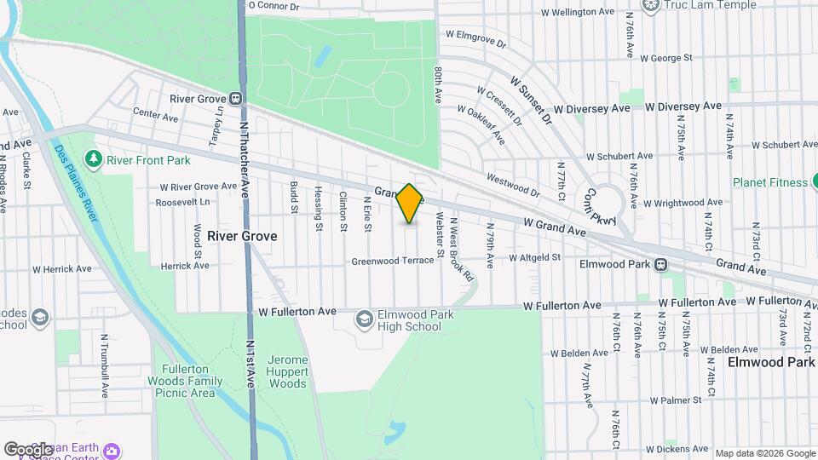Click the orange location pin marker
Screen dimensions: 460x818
pyautogui.click(x=410, y=204)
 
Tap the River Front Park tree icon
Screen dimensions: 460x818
pyautogui.click(x=94, y=159)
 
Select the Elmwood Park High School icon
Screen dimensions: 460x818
pyautogui.click(x=364, y=319)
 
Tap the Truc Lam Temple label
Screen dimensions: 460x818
pyautogui.click(x=699, y=5)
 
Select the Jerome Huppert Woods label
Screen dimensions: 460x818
pyautogui.click(x=287, y=371)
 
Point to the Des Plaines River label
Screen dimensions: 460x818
pyautogui.click(x=74, y=179)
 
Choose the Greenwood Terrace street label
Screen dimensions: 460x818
pyautogui.click(x=392, y=261)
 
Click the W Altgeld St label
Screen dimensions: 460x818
pyautogui.click(x=534, y=257)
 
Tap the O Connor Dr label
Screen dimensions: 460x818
pyautogui.click(x=274, y=5)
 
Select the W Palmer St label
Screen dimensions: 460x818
pyautogui.click(x=673, y=400)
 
